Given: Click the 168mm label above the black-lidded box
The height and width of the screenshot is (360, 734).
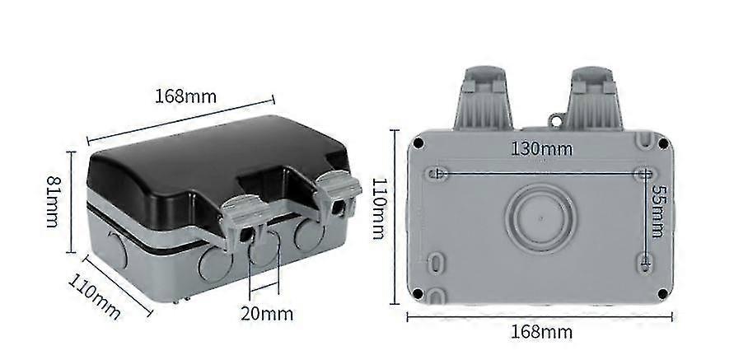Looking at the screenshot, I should (186, 96).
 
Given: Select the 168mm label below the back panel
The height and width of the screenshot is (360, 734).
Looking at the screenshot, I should (541, 332).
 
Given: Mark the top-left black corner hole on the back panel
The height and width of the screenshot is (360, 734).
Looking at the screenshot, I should (418, 143).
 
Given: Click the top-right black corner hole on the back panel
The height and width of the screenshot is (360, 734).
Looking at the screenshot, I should (662, 143).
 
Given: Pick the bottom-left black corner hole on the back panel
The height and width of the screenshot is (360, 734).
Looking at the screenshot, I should (418, 292).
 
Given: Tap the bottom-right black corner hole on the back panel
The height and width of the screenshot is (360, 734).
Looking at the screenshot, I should (662, 292).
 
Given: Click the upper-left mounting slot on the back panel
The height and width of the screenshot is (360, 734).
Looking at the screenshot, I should (438, 174).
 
